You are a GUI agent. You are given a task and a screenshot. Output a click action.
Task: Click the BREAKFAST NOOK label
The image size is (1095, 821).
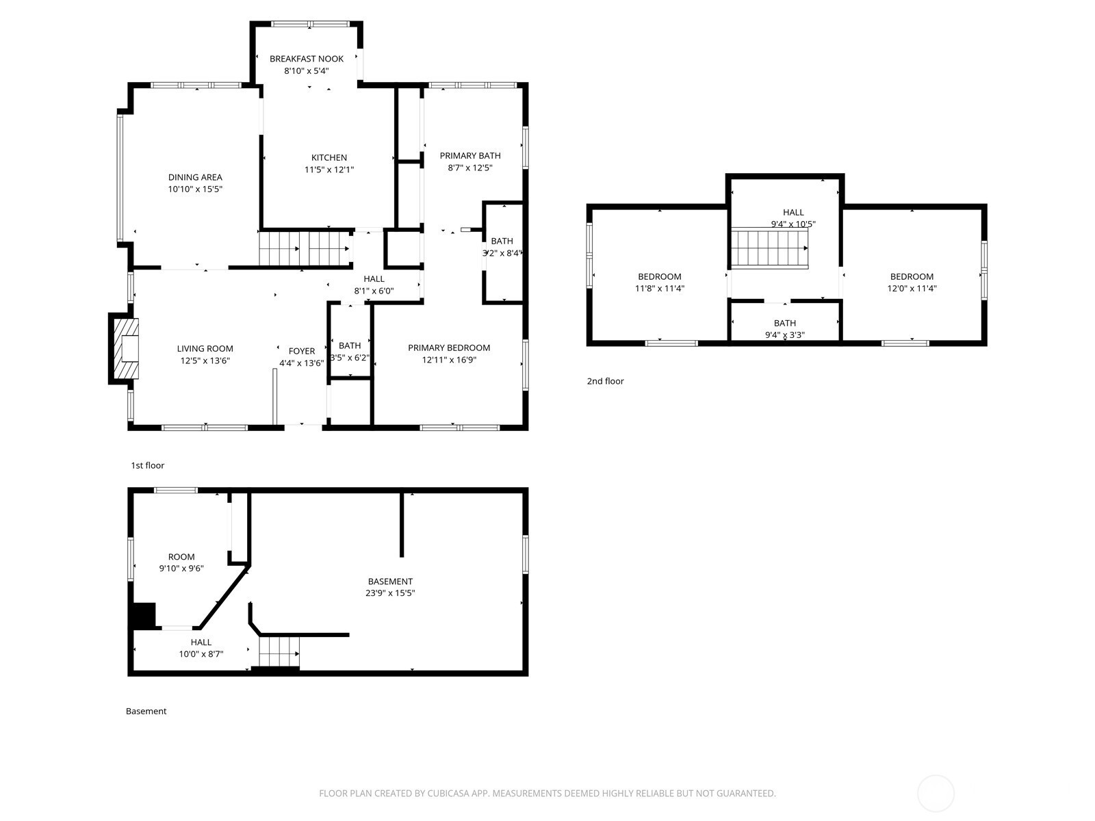pos(307,59)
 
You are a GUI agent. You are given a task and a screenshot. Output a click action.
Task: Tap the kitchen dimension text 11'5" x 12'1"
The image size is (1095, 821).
pos(329,170)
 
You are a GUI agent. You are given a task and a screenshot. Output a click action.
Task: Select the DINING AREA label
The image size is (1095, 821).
pos(195,177)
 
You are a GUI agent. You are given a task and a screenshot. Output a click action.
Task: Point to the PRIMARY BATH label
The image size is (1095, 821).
pos(470,155)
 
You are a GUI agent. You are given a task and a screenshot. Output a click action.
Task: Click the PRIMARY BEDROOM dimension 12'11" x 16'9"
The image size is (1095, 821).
pos(449,359)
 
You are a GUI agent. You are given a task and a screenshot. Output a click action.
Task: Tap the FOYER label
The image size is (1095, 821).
pos(302,351)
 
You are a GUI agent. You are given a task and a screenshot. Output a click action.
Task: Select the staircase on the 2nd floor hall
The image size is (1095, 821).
pos(770,248)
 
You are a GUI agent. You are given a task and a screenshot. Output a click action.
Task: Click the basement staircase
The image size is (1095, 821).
pos(279,651)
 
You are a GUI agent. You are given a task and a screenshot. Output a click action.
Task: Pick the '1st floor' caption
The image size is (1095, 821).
pos(148,465)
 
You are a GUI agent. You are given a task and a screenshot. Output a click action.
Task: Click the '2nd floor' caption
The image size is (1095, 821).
pos(605,381)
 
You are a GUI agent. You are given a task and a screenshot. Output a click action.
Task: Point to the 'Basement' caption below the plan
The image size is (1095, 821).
pos(146,711)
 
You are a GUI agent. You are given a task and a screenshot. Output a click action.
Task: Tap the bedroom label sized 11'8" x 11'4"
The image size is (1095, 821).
pos(660,276)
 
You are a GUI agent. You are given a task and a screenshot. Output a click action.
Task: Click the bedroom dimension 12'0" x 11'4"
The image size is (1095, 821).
pos(912,288)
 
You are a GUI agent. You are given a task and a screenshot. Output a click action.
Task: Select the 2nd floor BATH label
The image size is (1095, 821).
pos(785,323)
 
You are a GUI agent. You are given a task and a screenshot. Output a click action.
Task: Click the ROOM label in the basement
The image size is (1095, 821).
pos(181,557)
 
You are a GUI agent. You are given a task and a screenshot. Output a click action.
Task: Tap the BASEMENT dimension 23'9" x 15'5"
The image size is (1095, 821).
pos(390,592)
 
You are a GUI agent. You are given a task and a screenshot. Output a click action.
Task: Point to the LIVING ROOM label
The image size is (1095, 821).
pos(205,349)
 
